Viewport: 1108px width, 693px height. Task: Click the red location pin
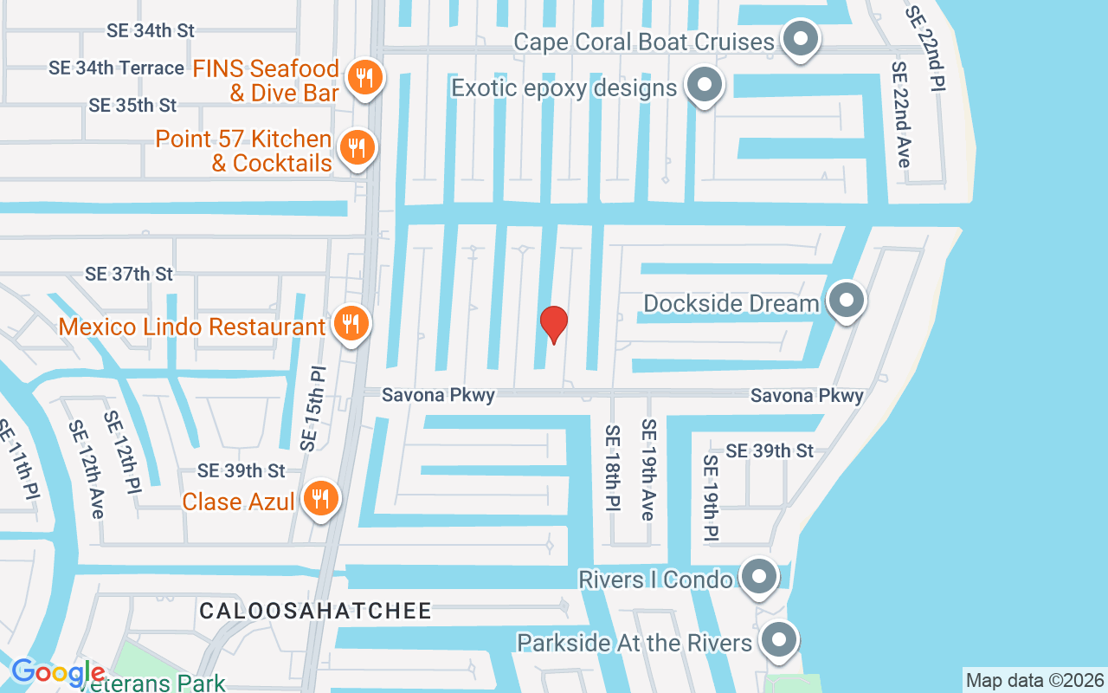(554, 324)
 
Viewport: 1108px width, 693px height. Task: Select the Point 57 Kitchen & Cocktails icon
(355, 148)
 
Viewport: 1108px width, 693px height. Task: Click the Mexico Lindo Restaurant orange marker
(351, 325)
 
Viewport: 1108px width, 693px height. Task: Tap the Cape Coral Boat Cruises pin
(801, 39)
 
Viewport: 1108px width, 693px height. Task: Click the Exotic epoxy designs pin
(705, 86)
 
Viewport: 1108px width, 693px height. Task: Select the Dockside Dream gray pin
(846, 301)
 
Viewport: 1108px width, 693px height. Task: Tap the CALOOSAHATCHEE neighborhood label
(315, 611)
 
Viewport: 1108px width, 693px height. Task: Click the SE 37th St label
(129, 274)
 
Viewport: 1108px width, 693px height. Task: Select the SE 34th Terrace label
(116, 68)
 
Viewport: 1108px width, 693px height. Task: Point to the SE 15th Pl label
(313, 407)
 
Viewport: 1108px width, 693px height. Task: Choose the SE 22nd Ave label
(901, 114)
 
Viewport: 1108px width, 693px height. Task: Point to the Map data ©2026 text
(1034, 680)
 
